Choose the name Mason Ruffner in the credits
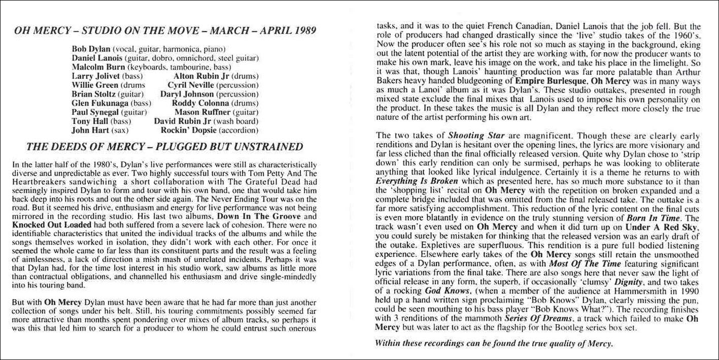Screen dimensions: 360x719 197,112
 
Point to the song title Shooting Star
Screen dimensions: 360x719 473,136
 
